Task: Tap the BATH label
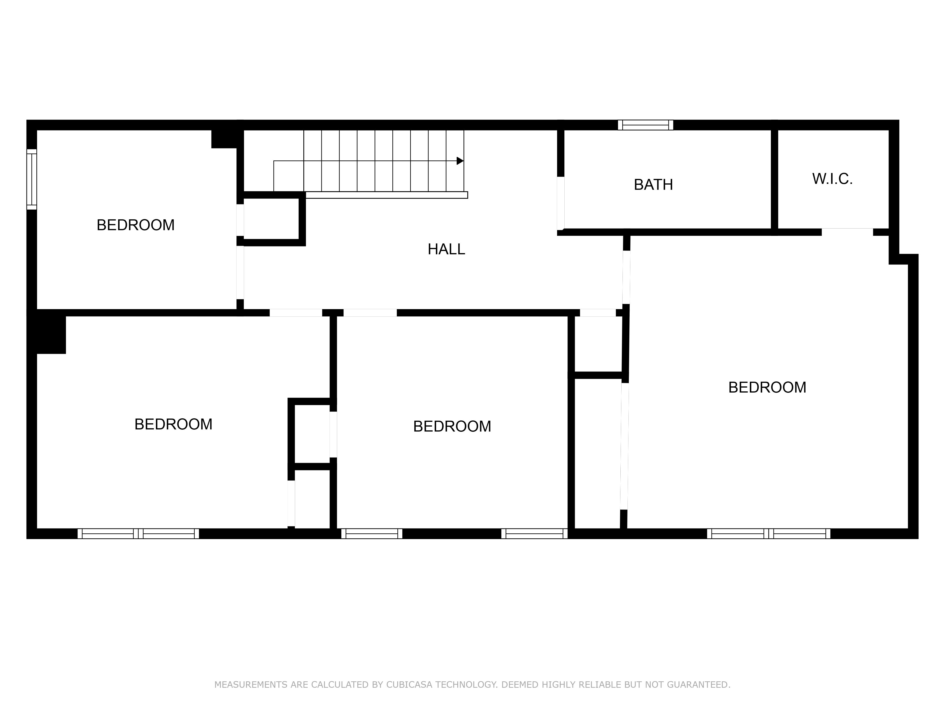click(x=653, y=185)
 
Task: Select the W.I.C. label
click(x=832, y=179)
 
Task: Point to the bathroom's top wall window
click(x=645, y=125)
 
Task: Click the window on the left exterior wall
click(x=32, y=179)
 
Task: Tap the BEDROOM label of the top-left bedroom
click(x=135, y=225)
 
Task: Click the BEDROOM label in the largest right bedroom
click(x=767, y=388)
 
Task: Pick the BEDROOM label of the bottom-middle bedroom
click(x=452, y=427)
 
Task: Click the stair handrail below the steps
click(x=387, y=195)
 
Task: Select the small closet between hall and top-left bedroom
click(x=271, y=219)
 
